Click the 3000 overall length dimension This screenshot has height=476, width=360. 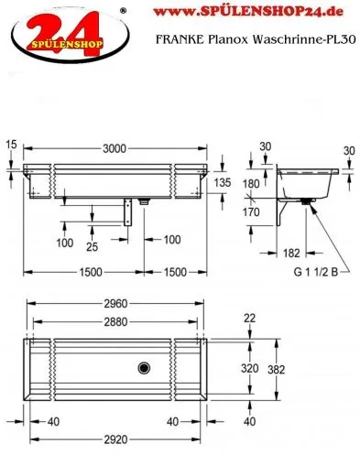[x=115, y=148]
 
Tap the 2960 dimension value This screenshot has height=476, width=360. [x=115, y=304]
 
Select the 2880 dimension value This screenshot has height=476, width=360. [x=115, y=322]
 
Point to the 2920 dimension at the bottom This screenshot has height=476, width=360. [x=115, y=439]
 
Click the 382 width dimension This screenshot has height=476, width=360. [x=276, y=370]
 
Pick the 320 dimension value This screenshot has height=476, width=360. [x=250, y=368]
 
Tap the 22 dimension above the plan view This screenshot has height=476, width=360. [x=249, y=319]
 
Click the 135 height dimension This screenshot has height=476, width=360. [x=223, y=183]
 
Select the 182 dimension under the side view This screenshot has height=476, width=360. [x=291, y=253]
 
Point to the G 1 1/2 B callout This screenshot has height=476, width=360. [x=316, y=272]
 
